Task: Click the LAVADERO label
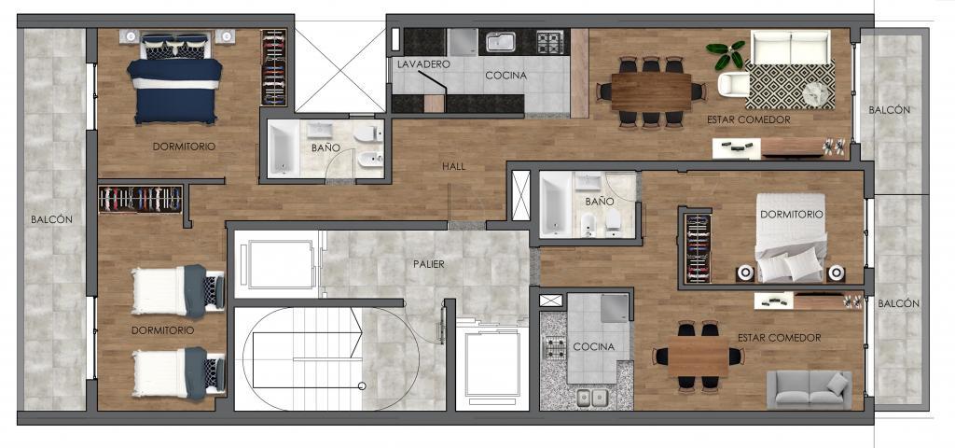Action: coord(423,63)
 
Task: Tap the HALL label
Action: coord(454,166)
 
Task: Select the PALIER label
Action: coord(429,264)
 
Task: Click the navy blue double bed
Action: coord(174,78)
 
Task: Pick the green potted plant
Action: coord(726,53)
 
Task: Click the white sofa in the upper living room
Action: coord(791,47)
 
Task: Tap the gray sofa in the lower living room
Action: coord(809,389)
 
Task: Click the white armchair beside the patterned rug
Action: coord(733,84)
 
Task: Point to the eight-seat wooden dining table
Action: coord(651,92)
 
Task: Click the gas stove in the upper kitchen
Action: coord(550,42)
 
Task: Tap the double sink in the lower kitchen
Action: coord(592,398)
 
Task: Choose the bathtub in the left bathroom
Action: coord(284,148)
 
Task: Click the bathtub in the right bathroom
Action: coord(556,204)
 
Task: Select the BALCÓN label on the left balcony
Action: coord(52,219)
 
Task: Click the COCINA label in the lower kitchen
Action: coord(593,347)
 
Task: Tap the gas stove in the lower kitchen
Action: coord(554,348)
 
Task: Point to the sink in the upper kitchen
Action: coord(502,42)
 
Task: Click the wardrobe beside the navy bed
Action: coord(273,67)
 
